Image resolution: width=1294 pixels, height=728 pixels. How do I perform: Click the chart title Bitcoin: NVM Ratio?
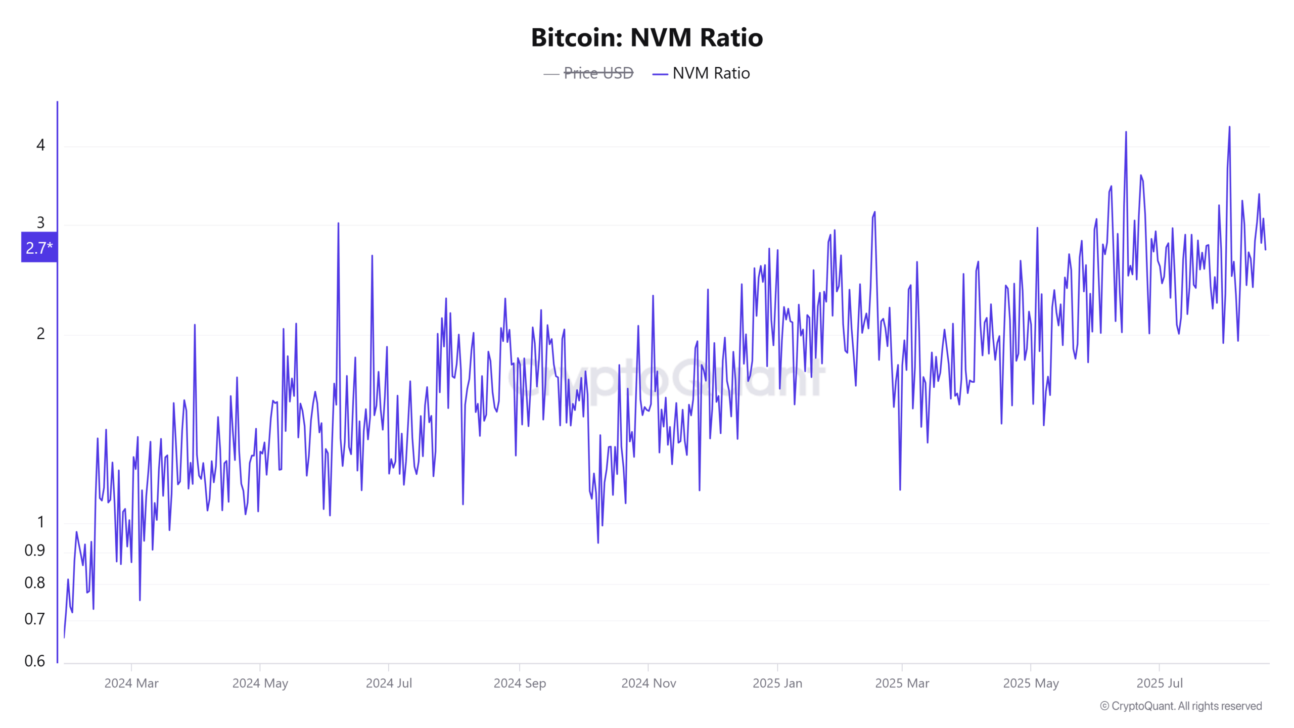tap(646, 38)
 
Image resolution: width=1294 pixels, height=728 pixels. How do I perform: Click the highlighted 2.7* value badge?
tap(39, 248)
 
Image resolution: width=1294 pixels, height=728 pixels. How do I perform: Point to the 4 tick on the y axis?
tap(40, 146)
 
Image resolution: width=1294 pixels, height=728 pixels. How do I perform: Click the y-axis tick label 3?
tap(40, 223)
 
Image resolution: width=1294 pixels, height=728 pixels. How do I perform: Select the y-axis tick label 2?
tap(40, 334)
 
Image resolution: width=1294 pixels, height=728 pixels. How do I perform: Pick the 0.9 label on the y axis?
tap(34, 551)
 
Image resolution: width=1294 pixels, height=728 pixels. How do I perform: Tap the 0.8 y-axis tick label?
tap(34, 583)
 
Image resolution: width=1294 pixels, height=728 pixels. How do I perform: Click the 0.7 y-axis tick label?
tap(34, 619)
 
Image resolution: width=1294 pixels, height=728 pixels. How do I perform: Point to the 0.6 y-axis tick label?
tap(34, 661)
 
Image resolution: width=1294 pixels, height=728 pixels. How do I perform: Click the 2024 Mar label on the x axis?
tap(131, 684)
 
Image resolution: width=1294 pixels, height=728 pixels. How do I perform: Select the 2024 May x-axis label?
tap(260, 684)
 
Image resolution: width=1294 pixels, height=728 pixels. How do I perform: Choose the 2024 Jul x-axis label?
tap(389, 684)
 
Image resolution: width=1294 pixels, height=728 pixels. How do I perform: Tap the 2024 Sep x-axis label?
tap(520, 684)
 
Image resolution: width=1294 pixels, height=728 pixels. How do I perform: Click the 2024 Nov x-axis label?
tap(649, 684)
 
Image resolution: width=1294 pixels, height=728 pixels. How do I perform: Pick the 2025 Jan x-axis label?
tap(777, 684)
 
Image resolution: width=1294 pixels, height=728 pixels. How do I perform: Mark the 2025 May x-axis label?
tap(1031, 684)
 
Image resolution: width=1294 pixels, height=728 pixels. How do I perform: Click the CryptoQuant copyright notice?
tap(1181, 706)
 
